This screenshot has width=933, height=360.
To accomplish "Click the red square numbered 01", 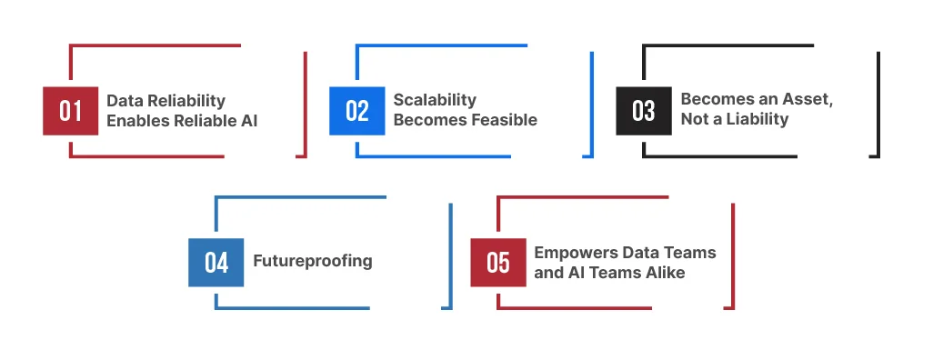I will pos(70,111).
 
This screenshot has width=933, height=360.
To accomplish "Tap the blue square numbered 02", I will pos(356,111).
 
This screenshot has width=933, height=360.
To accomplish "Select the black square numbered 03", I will pos(643,111).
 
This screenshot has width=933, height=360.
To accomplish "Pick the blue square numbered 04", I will pos(216,262).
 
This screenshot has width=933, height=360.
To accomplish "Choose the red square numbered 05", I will pos(497,262).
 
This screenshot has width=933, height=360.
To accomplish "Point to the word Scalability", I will pos(435,100).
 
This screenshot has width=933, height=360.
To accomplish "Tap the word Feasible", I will pos(504,120).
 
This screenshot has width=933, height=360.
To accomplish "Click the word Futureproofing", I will pos(313,261).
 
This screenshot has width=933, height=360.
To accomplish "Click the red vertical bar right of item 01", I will pos(305,104).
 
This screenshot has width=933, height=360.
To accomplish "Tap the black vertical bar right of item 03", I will pos(878,104).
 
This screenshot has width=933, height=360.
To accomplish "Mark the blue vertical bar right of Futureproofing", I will pos(450,255).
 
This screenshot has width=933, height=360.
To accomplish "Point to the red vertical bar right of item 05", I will pos(732,255).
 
